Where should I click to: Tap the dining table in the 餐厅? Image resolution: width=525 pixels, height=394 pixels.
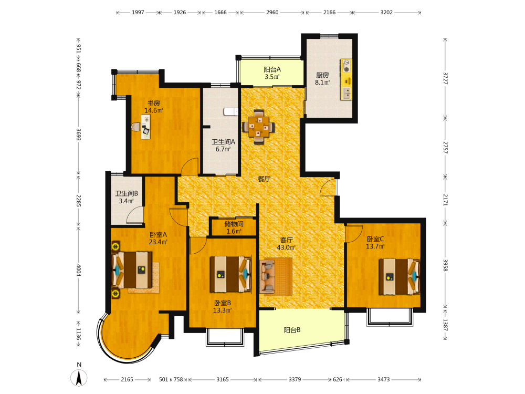258,127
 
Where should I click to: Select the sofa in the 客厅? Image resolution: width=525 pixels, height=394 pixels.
268,276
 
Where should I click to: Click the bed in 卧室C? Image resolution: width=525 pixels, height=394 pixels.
400,276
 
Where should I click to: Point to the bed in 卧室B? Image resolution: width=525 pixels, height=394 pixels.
230,274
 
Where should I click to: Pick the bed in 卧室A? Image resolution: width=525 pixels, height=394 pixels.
132,269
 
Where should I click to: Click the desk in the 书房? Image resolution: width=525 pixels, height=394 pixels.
145,127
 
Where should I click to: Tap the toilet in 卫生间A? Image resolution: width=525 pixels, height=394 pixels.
230,111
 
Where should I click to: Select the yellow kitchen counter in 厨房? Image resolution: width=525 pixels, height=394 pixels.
346,79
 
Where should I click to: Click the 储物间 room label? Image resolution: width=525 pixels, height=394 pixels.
234,224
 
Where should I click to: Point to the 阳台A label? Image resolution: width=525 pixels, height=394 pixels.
272,69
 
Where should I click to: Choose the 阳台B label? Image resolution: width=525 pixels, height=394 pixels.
292,330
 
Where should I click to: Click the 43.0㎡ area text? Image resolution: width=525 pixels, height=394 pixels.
286,247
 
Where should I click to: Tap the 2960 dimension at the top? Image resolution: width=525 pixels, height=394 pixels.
272,13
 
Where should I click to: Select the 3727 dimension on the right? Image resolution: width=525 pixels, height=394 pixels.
445,78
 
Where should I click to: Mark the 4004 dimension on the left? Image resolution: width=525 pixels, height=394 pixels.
79,270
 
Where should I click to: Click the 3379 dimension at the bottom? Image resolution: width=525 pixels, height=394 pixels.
295,379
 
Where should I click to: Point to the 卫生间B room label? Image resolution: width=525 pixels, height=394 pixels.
127,193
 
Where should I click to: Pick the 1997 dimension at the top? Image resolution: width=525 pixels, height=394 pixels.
138,13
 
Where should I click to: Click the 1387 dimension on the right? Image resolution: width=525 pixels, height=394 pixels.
445,325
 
